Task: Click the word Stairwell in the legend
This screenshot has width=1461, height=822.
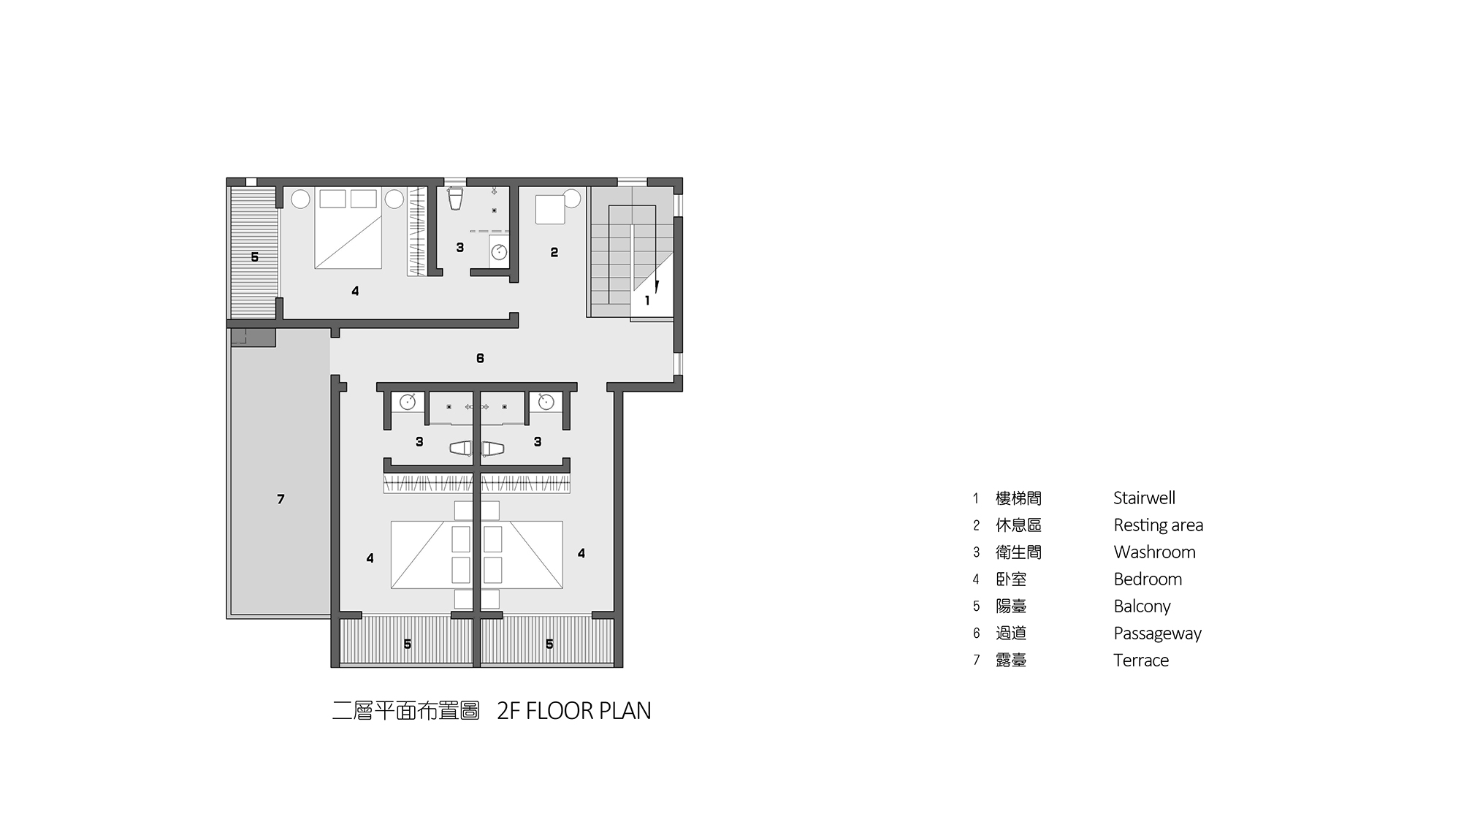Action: point(1144,498)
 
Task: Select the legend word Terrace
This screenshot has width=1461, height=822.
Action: point(1141,661)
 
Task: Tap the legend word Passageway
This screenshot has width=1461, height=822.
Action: point(1157,634)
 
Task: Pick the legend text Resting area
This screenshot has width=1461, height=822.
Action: point(1158,525)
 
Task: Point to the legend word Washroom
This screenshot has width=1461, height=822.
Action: point(1154,552)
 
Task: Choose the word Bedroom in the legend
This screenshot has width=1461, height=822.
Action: point(1148,579)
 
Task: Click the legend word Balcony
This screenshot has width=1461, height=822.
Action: point(1142,606)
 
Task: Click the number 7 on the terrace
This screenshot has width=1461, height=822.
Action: point(281,499)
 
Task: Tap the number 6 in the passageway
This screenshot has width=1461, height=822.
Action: point(480,358)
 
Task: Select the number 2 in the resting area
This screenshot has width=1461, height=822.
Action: point(554,252)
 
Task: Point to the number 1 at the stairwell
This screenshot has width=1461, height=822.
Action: point(647,300)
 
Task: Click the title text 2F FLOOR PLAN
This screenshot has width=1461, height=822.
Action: point(573,711)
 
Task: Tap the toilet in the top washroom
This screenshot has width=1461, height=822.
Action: point(456,198)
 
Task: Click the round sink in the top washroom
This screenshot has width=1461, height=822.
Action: point(499,252)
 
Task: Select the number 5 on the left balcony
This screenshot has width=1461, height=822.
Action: point(254,257)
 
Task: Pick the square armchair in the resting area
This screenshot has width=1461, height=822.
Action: point(550,210)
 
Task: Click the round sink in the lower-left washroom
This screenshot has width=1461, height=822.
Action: point(408,401)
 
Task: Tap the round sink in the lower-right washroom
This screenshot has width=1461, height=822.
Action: point(546,401)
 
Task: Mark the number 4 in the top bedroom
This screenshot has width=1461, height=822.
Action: point(355,291)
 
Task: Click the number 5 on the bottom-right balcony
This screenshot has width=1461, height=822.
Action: point(549,644)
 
